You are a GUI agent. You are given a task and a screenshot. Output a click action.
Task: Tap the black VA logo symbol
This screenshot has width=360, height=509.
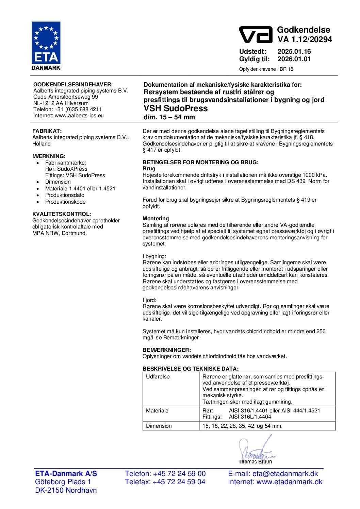click(x=256, y=35)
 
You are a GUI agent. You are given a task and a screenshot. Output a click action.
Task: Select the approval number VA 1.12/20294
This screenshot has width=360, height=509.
click(x=305, y=39)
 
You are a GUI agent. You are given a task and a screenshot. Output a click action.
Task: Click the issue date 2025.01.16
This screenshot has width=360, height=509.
click(x=294, y=52)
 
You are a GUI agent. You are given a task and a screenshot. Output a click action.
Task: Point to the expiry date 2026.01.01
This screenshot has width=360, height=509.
click(x=294, y=59)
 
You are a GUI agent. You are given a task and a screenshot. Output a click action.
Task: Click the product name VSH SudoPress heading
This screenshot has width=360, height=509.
click(x=176, y=108)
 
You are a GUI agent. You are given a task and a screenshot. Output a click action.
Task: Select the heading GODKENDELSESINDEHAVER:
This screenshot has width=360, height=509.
click(x=73, y=85)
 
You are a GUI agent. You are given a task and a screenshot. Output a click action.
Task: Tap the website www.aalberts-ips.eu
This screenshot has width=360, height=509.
click(x=79, y=116)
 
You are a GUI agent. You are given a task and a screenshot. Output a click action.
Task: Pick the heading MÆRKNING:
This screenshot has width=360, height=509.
click(x=49, y=156)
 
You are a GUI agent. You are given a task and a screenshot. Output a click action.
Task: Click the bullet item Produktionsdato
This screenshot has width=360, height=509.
click(x=65, y=195)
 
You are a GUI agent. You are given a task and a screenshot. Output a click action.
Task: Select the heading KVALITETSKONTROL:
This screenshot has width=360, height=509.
click(x=62, y=214)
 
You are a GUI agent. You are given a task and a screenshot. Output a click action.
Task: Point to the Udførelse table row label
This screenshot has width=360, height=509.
click(x=158, y=377)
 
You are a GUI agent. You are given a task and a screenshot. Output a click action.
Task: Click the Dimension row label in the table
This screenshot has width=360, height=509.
click(x=159, y=426)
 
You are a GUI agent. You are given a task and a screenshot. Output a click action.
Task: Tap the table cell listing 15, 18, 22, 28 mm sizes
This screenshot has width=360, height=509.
click(x=242, y=426)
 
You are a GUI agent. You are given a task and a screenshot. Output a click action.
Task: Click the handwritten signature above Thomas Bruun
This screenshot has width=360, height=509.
click(x=255, y=449)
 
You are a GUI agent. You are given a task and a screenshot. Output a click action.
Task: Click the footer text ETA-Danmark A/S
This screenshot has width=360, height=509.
click(x=66, y=474)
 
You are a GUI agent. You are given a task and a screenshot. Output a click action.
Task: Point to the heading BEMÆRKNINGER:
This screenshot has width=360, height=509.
click(x=167, y=350)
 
